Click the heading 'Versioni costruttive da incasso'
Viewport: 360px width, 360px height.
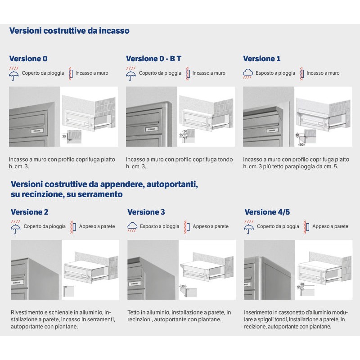[69, 31]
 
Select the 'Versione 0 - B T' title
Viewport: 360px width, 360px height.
[153, 58]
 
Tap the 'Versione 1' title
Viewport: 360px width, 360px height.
[261, 58]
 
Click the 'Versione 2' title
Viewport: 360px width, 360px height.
[29, 212]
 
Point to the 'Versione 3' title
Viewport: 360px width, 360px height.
[146, 212]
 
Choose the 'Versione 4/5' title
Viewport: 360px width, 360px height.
[265, 212]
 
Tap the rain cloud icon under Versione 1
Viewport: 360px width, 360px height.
[248, 73]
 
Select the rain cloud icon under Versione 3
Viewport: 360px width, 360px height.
[132, 226]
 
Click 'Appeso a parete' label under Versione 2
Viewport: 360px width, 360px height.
[97, 226]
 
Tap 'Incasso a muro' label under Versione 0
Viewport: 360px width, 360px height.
[92, 73]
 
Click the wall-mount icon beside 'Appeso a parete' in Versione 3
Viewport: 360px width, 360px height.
[188, 226]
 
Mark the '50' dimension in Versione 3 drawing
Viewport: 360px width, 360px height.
[183, 287]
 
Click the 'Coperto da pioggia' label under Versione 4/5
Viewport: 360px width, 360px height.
[278, 226]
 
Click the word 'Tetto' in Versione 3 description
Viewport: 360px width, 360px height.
[134, 312]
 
